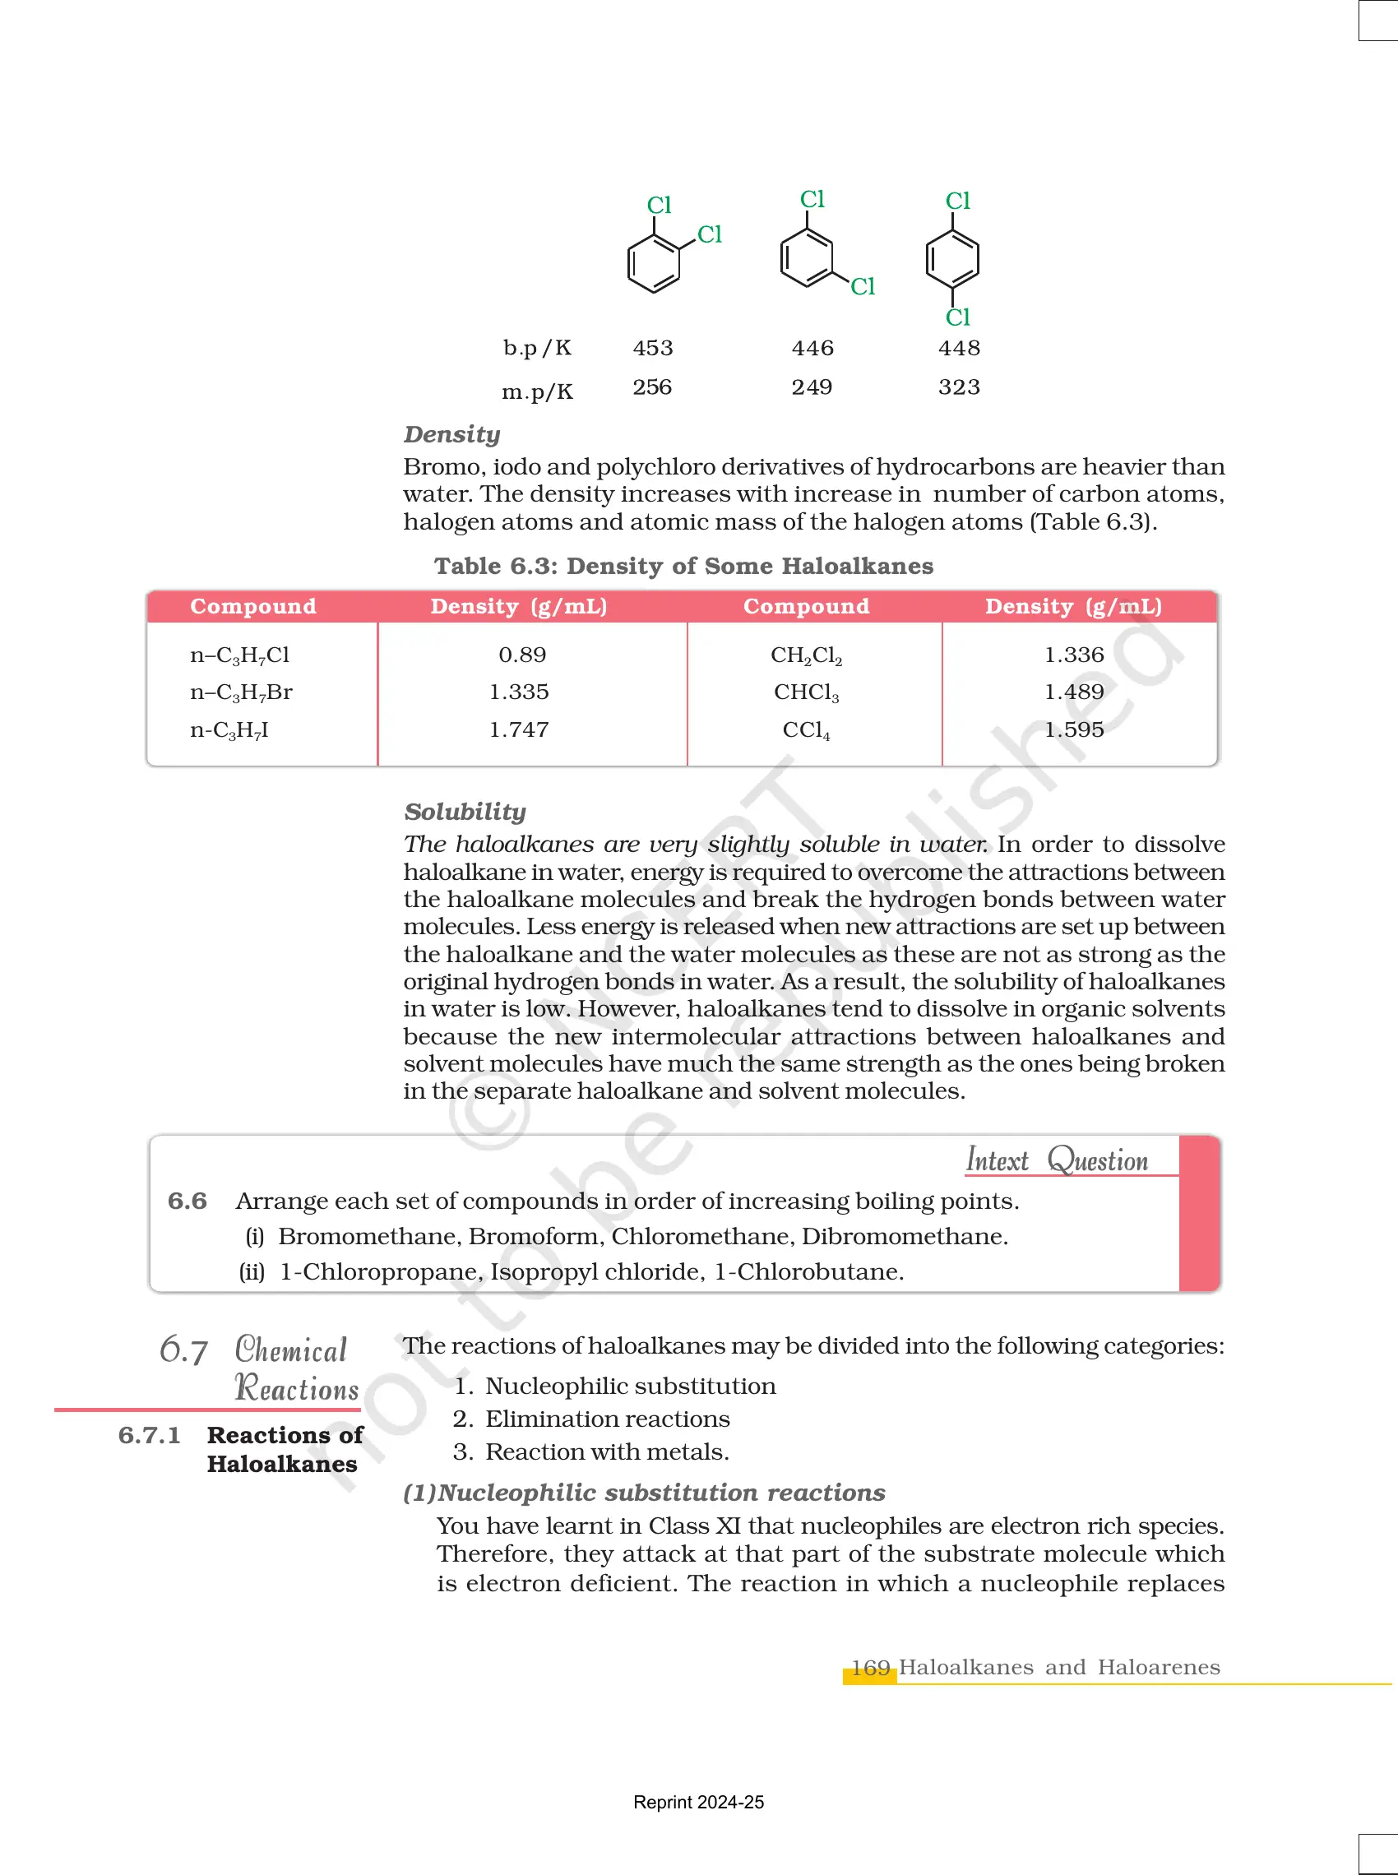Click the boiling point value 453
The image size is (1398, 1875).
pyautogui.click(x=652, y=348)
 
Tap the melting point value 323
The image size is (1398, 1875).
pyautogui.click(x=959, y=387)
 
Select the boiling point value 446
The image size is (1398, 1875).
pyautogui.click(x=812, y=348)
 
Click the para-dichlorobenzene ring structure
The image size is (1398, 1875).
pyautogui.click(x=953, y=259)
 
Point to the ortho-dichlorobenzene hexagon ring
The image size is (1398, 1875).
pyautogui.click(x=653, y=263)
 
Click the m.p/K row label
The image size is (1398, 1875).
pyautogui.click(x=537, y=391)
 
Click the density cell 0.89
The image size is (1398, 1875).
pyautogui.click(x=522, y=654)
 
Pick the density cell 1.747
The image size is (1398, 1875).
pyautogui.click(x=519, y=729)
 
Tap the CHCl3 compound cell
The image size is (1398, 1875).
pyautogui.click(x=807, y=692)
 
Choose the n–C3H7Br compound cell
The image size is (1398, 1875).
pyautogui.click(x=241, y=692)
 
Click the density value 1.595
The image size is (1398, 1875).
pyautogui.click(x=1074, y=729)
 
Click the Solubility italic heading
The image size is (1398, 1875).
pyautogui.click(x=465, y=812)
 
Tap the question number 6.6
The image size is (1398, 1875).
pyautogui.click(x=187, y=1201)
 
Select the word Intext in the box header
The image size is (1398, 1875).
pyautogui.click(x=997, y=1160)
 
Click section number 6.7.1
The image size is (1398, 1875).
pyautogui.click(x=149, y=1435)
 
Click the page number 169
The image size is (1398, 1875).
pyautogui.click(x=870, y=1668)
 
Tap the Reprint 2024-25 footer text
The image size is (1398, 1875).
pyautogui.click(x=698, y=1803)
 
